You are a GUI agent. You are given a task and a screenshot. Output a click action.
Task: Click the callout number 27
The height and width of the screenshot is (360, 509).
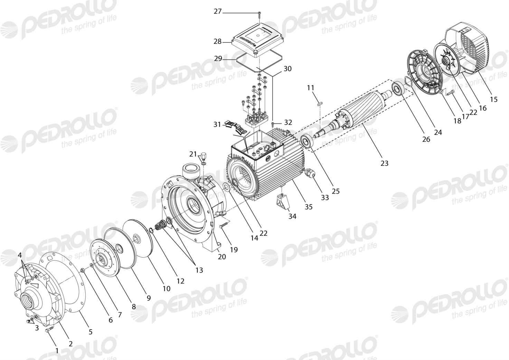coord(217,11)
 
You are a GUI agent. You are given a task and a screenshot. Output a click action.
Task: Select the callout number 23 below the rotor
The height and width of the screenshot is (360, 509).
coord(384,163)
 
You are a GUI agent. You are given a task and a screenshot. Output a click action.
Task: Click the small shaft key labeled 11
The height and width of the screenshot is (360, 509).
coord(320,104)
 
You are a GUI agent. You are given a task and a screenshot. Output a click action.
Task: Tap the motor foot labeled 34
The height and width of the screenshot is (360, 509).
coord(282,202)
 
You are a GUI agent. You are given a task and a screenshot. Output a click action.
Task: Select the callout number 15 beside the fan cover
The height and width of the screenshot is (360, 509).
coord(493,99)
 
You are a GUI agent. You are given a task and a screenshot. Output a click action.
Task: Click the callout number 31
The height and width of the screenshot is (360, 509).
coord(217,124)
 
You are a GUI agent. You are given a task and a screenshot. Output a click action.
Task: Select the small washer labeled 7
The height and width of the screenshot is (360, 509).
coord(91,265)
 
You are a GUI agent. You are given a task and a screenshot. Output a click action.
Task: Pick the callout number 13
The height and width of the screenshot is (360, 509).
coord(199,270)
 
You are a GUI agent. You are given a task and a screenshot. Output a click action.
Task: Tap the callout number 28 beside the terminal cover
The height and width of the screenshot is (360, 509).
coord(217,41)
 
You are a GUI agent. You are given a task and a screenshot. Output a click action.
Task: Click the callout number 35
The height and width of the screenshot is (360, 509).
coord(309,207)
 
